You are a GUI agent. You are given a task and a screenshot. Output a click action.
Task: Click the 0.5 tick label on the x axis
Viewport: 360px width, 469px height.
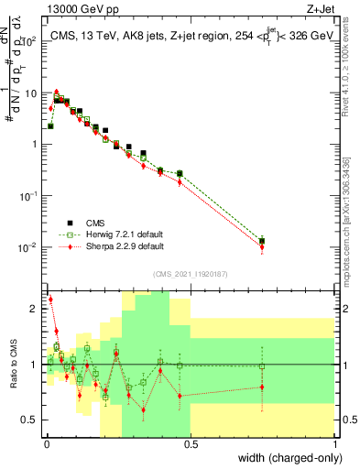coord(190,445)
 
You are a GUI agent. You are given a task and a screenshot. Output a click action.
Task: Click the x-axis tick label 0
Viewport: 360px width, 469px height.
coord(45,445)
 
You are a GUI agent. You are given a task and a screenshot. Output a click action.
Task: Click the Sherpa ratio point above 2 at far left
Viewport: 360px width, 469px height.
coord(49,300)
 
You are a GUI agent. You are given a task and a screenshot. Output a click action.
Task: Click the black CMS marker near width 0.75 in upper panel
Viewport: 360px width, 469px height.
coord(262,241)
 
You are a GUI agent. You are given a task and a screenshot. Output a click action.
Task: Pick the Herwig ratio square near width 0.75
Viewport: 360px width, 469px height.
coord(262,366)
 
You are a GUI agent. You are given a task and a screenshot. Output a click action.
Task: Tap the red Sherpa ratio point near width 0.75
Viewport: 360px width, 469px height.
coord(262,387)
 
